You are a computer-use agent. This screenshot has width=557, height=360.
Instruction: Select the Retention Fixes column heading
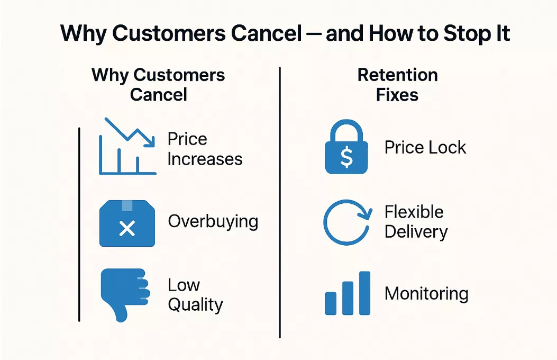point(397,85)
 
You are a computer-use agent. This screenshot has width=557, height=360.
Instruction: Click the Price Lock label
point(425,147)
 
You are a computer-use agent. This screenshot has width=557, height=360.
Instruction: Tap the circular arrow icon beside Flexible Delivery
point(346,222)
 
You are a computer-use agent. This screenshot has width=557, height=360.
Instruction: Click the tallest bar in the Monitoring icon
point(364,293)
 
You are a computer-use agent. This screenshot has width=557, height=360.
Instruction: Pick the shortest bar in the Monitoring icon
point(331,303)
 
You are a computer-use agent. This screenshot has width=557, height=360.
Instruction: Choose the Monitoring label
point(426,293)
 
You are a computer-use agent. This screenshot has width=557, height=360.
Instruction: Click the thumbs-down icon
point(123,294)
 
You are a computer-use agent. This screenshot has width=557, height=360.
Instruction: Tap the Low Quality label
point(195,295)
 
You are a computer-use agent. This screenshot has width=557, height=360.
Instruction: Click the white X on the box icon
point(127,229)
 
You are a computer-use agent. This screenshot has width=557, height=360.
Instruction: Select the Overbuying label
point(213,221)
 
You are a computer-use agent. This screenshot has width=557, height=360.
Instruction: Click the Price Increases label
point(204,149)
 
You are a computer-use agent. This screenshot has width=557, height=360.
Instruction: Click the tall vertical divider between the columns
point(280,201)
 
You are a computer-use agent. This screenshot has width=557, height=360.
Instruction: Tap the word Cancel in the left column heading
point(159,95)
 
